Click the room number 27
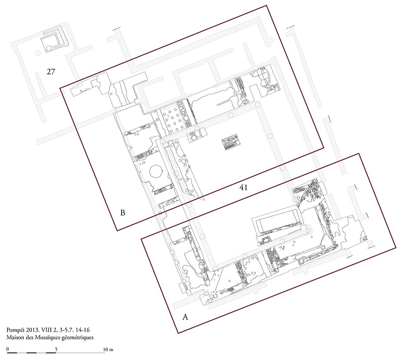(51, 72)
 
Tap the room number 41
(244, 188)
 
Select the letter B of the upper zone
(123, 213)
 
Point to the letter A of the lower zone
(183, 317)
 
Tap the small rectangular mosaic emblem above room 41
(230, 143)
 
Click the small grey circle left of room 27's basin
(38, 53)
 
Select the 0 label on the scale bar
(8, 349)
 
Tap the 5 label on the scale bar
(56, 349)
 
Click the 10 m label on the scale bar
(108, 349)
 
